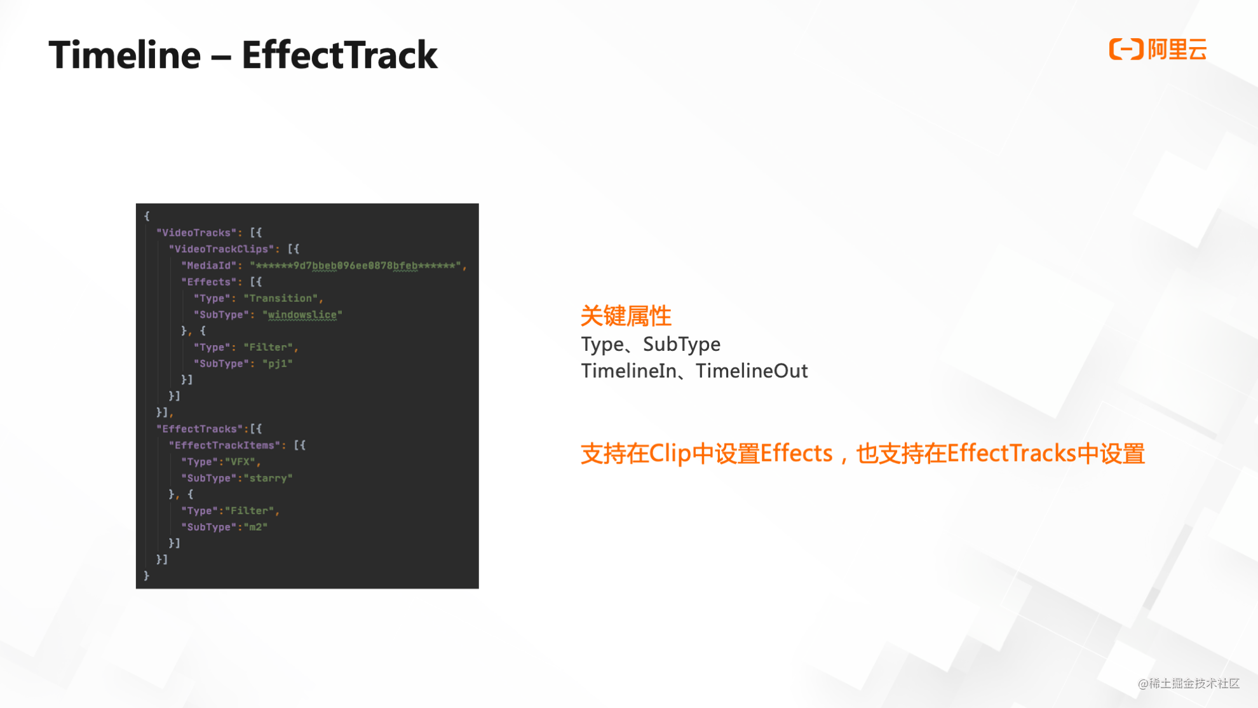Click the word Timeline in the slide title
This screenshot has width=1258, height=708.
(125, 55)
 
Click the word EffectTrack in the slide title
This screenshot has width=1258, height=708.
(339, 55)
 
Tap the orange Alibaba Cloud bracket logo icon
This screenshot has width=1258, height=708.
(1126, 49)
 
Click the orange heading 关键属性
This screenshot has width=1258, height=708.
(626, 316)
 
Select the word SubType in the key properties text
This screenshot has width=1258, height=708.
(682, 344)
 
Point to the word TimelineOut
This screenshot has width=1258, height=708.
(752, 371)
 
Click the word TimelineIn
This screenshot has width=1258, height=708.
(629, 371)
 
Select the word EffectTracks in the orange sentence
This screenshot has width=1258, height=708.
(1011, 454)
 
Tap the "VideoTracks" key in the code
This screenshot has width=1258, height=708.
(196, 233)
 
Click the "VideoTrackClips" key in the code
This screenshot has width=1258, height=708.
(221, 249)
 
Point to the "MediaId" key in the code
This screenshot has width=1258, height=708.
(209, 266)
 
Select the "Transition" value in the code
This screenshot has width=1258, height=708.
(280, 298)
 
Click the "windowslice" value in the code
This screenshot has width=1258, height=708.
(302, 315)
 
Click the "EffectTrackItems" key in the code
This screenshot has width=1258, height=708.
(224, 446)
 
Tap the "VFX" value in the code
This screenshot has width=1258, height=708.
(240, 462)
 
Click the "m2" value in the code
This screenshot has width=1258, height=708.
(255, 527)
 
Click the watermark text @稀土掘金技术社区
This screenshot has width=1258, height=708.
(1189, 683)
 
